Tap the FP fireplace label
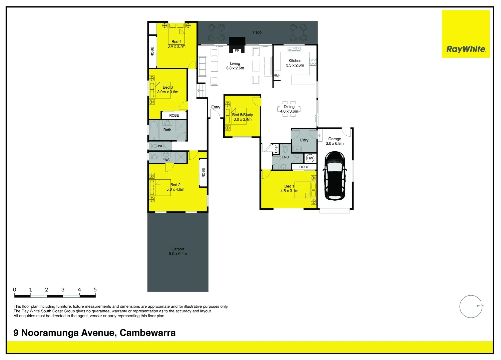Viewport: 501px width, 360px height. point(237,51)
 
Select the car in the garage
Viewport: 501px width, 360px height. point(335,176)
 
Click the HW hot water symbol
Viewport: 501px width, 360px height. point(310,158)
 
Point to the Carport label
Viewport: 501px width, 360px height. point(178,249)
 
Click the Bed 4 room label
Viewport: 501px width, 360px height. point(176,42)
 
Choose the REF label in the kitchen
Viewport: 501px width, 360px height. point(277,75)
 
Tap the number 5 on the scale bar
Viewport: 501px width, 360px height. point(95,290)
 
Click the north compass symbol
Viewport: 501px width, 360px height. point(471,306)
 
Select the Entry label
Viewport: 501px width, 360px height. point(216,107)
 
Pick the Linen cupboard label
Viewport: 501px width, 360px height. point(276,149)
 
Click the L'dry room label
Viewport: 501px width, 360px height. point(304,140)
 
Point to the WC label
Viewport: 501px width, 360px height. point(161,146)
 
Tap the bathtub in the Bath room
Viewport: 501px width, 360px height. point(154,131)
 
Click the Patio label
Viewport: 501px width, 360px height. point(257,32)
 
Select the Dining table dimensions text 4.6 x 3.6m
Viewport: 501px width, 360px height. point(289,111)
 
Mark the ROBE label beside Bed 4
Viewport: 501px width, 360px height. point(152,52)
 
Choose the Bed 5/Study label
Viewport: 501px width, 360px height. point(242,115)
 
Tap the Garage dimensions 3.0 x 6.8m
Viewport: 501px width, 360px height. point(335,144)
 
